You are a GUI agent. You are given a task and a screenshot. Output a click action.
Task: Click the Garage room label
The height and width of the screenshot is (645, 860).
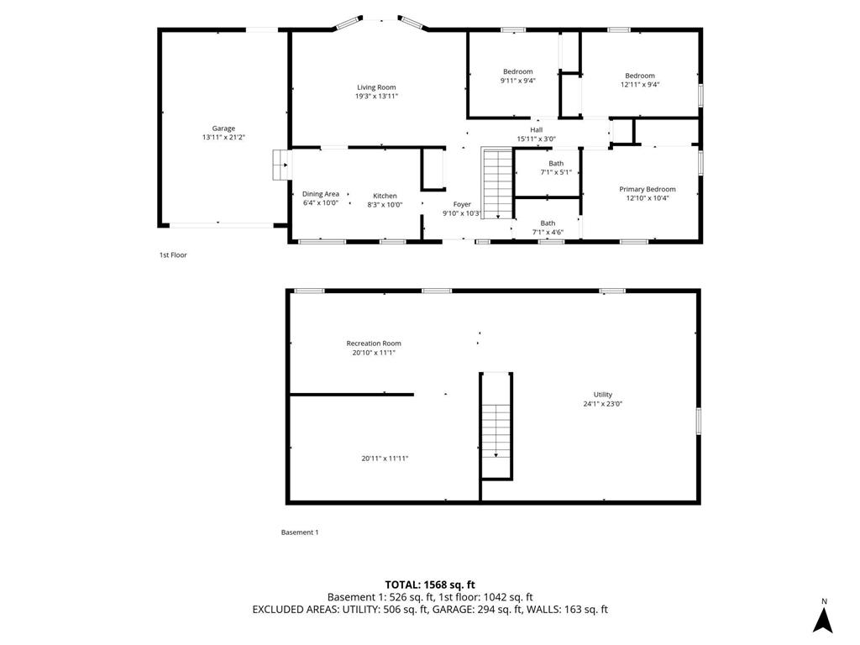[218, 128]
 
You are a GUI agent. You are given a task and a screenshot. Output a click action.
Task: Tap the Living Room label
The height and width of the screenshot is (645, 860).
[376, 87]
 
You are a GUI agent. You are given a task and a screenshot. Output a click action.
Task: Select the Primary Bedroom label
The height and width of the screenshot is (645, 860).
[648, 189]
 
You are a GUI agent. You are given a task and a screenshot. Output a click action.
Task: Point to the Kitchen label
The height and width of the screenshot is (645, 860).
[385, 196]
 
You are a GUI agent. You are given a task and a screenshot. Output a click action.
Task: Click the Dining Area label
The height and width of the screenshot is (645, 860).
[321, 194]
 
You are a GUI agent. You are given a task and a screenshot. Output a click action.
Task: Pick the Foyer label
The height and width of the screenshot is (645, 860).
[462, 204]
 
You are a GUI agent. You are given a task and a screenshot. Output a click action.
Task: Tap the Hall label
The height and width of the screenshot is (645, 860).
[536, 129]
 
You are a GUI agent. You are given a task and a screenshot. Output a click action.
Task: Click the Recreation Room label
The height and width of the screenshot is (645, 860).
[374, 343]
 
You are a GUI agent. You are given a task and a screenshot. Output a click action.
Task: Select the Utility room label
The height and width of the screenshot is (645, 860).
[603, 394]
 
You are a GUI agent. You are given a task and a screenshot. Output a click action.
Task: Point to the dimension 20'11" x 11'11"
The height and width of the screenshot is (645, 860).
[385, 459]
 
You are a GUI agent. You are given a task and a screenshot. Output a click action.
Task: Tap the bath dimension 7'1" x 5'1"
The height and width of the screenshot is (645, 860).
[556, 172]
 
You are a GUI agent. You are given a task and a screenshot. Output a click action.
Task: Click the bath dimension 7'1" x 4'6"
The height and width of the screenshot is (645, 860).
[548, 233]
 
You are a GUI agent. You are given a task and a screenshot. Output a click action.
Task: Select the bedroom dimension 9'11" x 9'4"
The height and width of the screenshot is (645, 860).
[518, 81]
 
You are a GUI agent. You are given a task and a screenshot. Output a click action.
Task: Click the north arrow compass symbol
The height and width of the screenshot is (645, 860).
[824, 619]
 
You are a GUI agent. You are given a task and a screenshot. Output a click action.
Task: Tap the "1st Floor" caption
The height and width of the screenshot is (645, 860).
[173, 254]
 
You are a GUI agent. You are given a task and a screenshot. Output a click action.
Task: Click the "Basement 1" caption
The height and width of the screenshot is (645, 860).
[300, 532]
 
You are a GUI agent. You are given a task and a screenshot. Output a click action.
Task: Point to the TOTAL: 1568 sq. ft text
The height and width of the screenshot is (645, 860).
[430, 585]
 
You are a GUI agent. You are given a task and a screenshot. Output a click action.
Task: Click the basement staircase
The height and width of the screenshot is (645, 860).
[496, 428]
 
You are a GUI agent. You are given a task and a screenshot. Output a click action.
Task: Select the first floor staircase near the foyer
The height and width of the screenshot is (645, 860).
[497, 183]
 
